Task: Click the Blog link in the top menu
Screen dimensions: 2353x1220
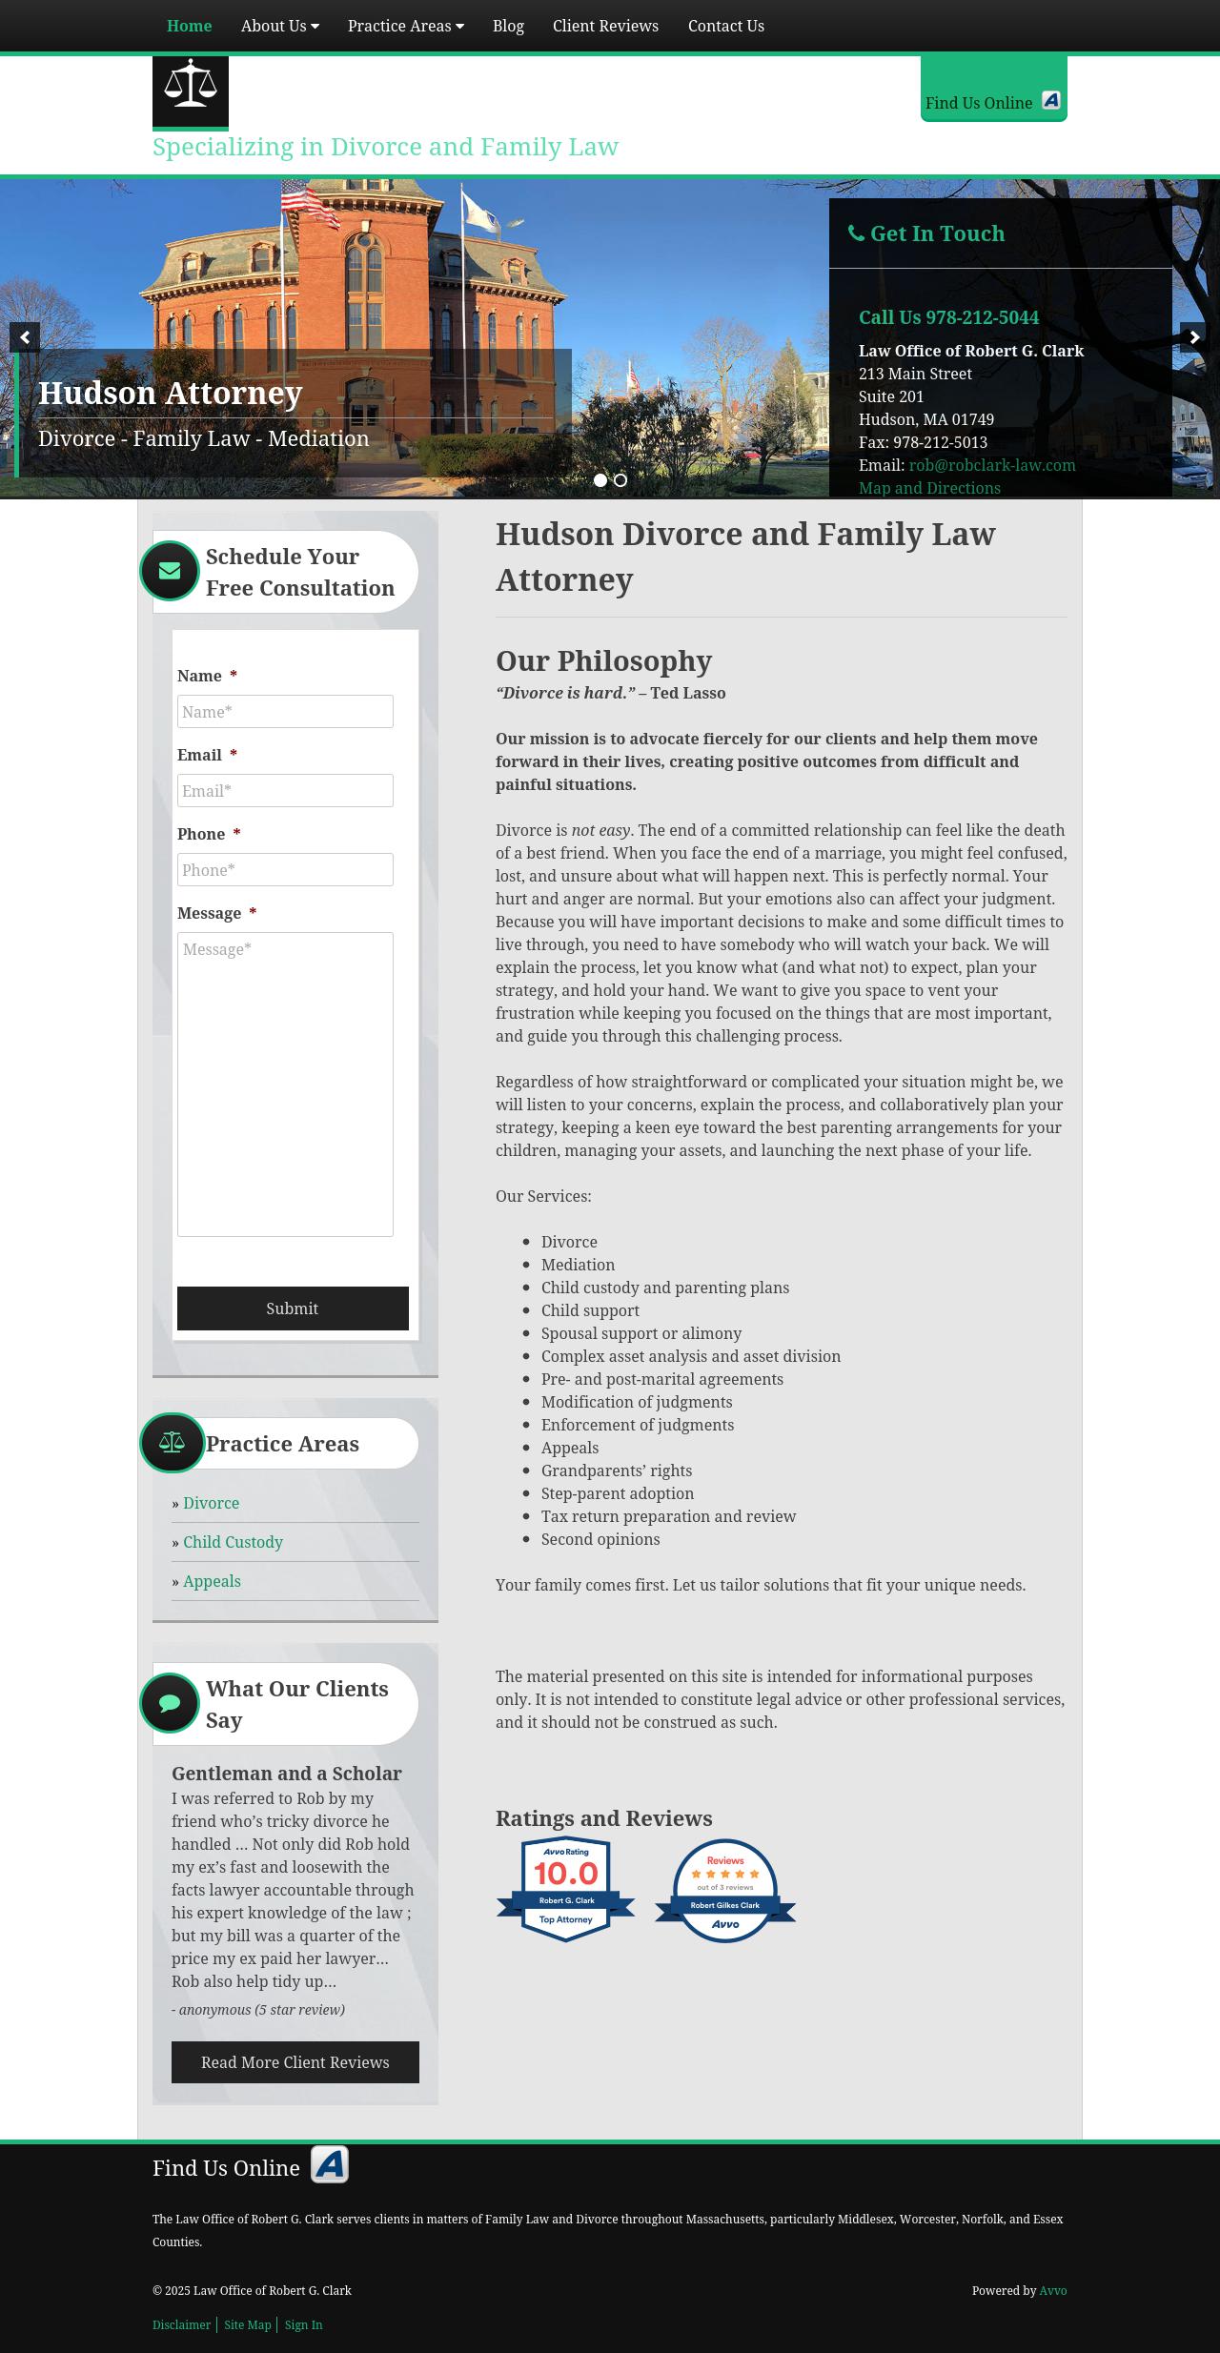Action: click(508, 26)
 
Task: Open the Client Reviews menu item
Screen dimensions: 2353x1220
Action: click(605, 26)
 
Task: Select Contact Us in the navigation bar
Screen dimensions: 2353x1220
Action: click(725, 26)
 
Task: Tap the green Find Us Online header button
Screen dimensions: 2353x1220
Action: click(993, 101)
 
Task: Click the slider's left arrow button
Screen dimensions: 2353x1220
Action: click(25, 337)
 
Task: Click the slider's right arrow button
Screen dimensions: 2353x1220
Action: click(1194, 337)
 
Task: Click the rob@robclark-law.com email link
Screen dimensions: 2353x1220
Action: click(991, 465)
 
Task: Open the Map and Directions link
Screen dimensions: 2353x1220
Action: click(929, 488)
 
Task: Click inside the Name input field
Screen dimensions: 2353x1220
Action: click(285, 712)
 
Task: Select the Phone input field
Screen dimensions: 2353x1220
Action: click(285, 870)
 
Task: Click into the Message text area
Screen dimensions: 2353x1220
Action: click(285, 1084)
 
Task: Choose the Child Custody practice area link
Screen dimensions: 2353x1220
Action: click(233, 1542)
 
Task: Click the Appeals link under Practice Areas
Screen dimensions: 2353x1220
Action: click(212, 1581)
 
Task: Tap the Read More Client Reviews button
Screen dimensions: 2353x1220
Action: click(295, 2062)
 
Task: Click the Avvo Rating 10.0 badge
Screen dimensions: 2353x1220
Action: click(565, 1889)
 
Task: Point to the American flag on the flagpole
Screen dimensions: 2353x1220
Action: click(310, 204)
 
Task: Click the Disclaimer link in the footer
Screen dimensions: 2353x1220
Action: click(181, 2324)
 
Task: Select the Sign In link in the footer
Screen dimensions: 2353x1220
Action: click(303, 2324)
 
